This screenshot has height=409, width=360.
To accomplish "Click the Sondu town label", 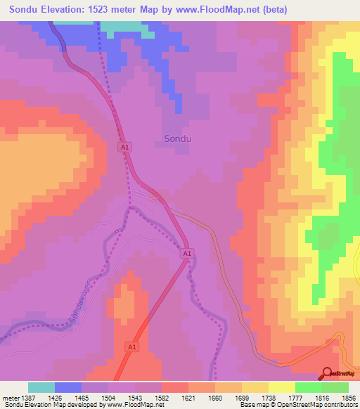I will click(177, 138).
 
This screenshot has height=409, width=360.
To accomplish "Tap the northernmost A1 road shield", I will click(124, 147).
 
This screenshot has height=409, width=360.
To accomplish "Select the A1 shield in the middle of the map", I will click(186, 253).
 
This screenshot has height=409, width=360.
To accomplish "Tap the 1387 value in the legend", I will click(28, 398).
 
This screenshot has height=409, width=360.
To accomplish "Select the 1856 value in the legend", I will click(347, 398).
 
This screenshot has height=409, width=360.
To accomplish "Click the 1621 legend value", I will click(189, 398).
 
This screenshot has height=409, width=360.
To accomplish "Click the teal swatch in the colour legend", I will click(41, 387).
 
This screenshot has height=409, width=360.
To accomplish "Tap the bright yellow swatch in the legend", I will click(281, 387).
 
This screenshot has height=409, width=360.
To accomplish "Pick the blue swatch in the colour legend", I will click(68, 387).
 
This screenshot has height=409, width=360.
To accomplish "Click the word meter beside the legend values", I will click(10, 398).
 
